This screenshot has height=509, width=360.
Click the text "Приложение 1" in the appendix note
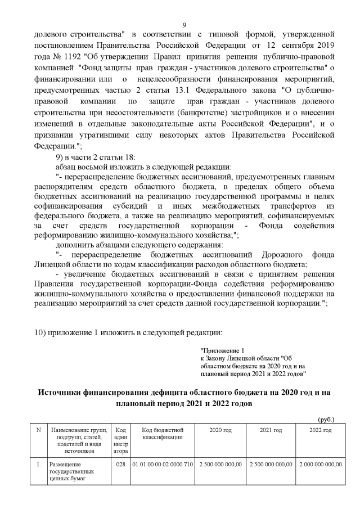[223, 350]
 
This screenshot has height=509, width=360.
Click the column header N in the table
[38, 430]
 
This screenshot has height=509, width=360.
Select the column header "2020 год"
[220, 430]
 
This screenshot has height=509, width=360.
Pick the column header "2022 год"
[321, 430]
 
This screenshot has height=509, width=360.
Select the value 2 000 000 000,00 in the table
[321, 465]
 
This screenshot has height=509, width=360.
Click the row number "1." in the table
[38, 465]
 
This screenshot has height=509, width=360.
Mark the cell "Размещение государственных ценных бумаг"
[71, 472]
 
